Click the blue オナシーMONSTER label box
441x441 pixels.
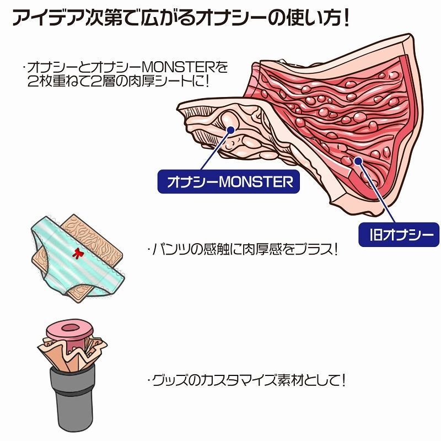228,182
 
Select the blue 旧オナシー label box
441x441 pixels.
399,235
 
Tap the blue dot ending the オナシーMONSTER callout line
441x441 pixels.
230,130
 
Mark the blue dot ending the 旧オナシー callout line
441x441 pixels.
358,161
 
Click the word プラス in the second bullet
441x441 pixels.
313,250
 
